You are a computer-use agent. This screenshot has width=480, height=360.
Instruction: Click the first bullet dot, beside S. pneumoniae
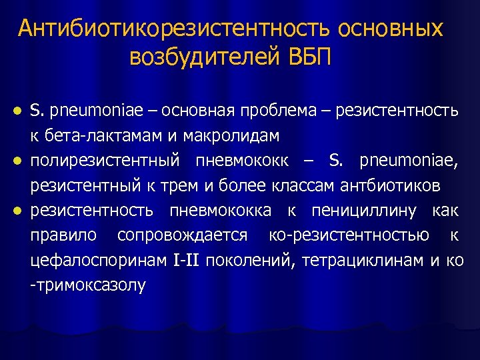(x=19, y=110)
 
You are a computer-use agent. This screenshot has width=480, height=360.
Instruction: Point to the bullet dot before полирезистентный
(x=19, y=161)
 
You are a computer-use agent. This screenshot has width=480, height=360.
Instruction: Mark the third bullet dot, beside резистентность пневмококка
(x=19, y=211)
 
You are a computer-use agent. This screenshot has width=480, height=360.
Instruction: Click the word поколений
(x=250, y=261)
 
